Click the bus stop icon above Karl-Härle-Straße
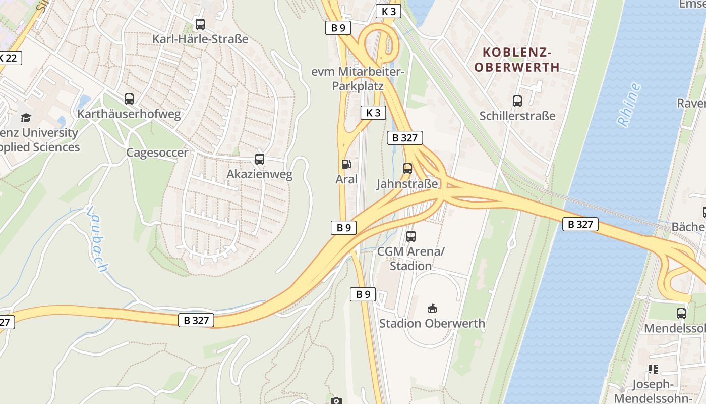pyautogui.click(x=200, y=24)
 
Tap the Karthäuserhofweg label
pyautogui.click(x=129, y=114)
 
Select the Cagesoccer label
pyautogui.click(x=157, y=153)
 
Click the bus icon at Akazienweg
pyautogui.click(x=260, y=159)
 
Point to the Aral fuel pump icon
pyautogui.click(x=346, y=164)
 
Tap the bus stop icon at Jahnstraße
pyautogui.click(x=407, y=168)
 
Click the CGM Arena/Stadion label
pyautogui.click(x=411, y=259)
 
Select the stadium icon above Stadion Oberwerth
pyautogui.click(x=432, y=308)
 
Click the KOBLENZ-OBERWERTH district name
pyautogui.click(x=517, y=60)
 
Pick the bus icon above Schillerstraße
pyautogui.click(x=517, y=100)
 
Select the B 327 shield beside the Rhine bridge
pyautogui.click(x=580, y=224)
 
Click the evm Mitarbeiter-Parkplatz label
pyautogui.click(x=358, y=79)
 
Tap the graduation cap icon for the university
pyautogui.click(x=26, y=118)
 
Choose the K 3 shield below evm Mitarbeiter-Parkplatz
pyautogui.click(x=373, y=113)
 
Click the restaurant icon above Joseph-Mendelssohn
pyautogui.click(x=654, y=369)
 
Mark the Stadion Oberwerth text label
pyautogui.click(x=432, y=323)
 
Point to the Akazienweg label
pyautogui.click(x=259, y=175)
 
